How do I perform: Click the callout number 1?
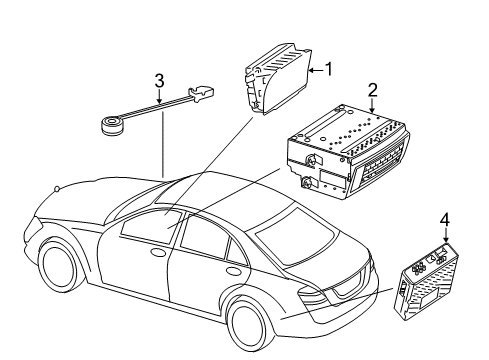329,69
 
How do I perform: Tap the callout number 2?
372,90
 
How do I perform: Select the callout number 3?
159,81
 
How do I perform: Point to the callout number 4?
445,220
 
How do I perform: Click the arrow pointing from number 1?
316,70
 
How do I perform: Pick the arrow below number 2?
372,106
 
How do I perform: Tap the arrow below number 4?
446,236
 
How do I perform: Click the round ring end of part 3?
111,126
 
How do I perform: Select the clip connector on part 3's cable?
201,93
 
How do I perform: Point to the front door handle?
158,253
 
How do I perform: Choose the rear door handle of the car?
231,270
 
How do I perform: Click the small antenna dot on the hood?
57,189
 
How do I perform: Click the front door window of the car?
151,227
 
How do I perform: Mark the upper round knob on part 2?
311,160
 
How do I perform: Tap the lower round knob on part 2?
306,183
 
